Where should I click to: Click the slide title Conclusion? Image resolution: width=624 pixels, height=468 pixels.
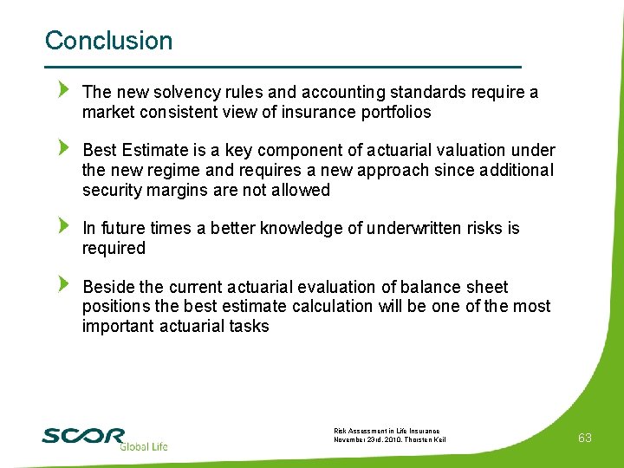click(108, 41)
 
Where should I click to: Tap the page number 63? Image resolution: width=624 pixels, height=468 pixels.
click(585, 438)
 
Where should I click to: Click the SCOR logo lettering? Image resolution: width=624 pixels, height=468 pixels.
click(83, 435)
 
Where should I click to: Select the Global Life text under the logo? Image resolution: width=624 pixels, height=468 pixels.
click(143, 446)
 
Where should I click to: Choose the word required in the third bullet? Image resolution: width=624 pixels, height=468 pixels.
click(114, 249)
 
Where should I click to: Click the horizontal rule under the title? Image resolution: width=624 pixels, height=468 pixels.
click(283, 67)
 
